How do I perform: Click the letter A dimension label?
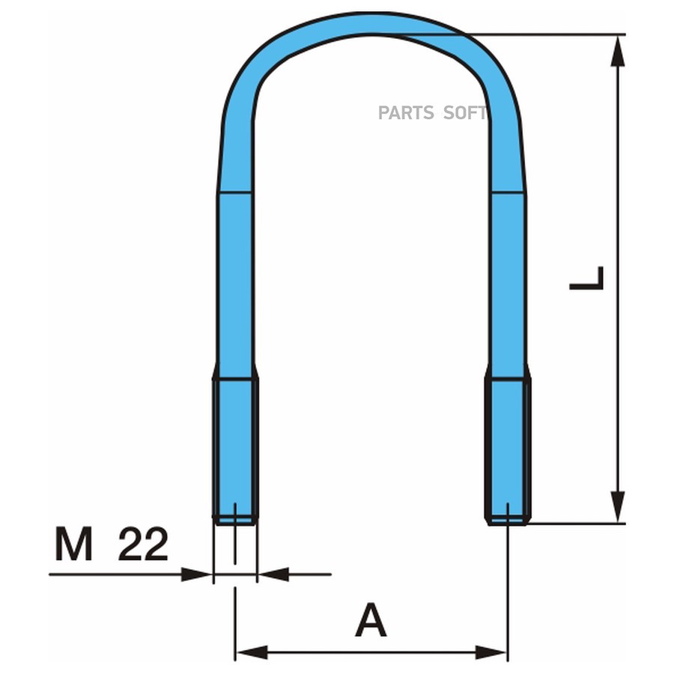point(371,621)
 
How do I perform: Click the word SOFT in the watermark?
point(464,113)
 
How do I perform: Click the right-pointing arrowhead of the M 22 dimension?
point(198,574)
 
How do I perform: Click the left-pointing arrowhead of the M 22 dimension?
point(274,574)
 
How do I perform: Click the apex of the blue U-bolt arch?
point(371,22)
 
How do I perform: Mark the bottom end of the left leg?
point(235,517)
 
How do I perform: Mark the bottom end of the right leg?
point(508,519)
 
